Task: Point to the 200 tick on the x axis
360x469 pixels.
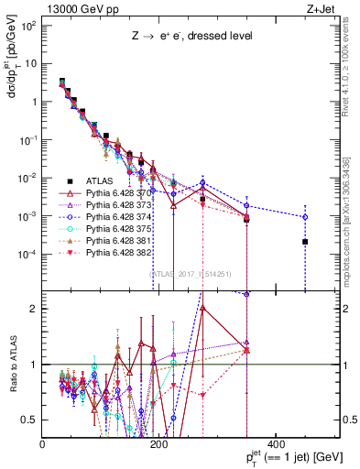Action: (159, 444)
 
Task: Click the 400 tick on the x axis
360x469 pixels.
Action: (276, 444)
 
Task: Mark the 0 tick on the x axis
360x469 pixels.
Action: (43, 444)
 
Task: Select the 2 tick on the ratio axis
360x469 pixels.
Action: (34, 308)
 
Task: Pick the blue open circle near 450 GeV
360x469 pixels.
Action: (305, 217)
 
